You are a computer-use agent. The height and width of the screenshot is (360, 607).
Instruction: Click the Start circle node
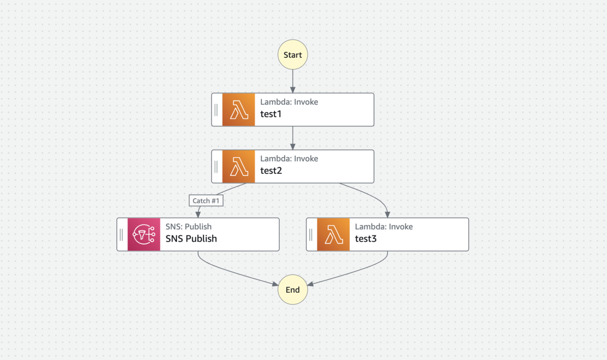pos(293,55)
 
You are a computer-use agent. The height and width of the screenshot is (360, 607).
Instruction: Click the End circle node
pos(293,290)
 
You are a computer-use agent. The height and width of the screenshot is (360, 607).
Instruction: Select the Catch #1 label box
pos(206,201)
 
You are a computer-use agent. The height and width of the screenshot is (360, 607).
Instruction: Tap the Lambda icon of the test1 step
pos(238,110)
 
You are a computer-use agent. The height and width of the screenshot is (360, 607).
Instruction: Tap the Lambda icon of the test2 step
pos(238,166)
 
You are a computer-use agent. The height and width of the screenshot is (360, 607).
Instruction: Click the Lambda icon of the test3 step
pos(333,234)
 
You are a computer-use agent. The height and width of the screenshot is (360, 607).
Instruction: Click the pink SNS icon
pos(144,234)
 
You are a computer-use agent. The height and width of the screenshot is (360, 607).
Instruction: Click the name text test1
pos(271,114)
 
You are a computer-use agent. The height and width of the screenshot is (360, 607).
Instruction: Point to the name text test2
pos(271,171)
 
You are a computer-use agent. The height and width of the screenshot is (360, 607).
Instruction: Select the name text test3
pos(366,239)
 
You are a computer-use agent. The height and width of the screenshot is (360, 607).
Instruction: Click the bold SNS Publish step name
pos(191,239)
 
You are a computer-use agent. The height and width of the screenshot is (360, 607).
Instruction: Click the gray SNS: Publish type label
pos(188,227)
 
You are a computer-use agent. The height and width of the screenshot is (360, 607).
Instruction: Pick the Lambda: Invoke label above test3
pos(384,227)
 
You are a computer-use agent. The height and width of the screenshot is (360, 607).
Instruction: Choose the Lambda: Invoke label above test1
pos(289,102)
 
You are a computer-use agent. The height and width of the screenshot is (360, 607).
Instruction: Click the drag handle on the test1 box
pos(216,110)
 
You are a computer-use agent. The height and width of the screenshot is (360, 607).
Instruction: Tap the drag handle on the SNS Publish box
pos(121,235)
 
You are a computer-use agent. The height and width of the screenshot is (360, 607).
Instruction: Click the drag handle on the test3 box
pos(311,235)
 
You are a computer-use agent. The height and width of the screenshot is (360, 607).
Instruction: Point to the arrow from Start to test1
pos(293,81)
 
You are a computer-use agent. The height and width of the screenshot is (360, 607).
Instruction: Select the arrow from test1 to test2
pos(293,138)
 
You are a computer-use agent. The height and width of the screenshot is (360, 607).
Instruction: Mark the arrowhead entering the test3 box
pos(387,215)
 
